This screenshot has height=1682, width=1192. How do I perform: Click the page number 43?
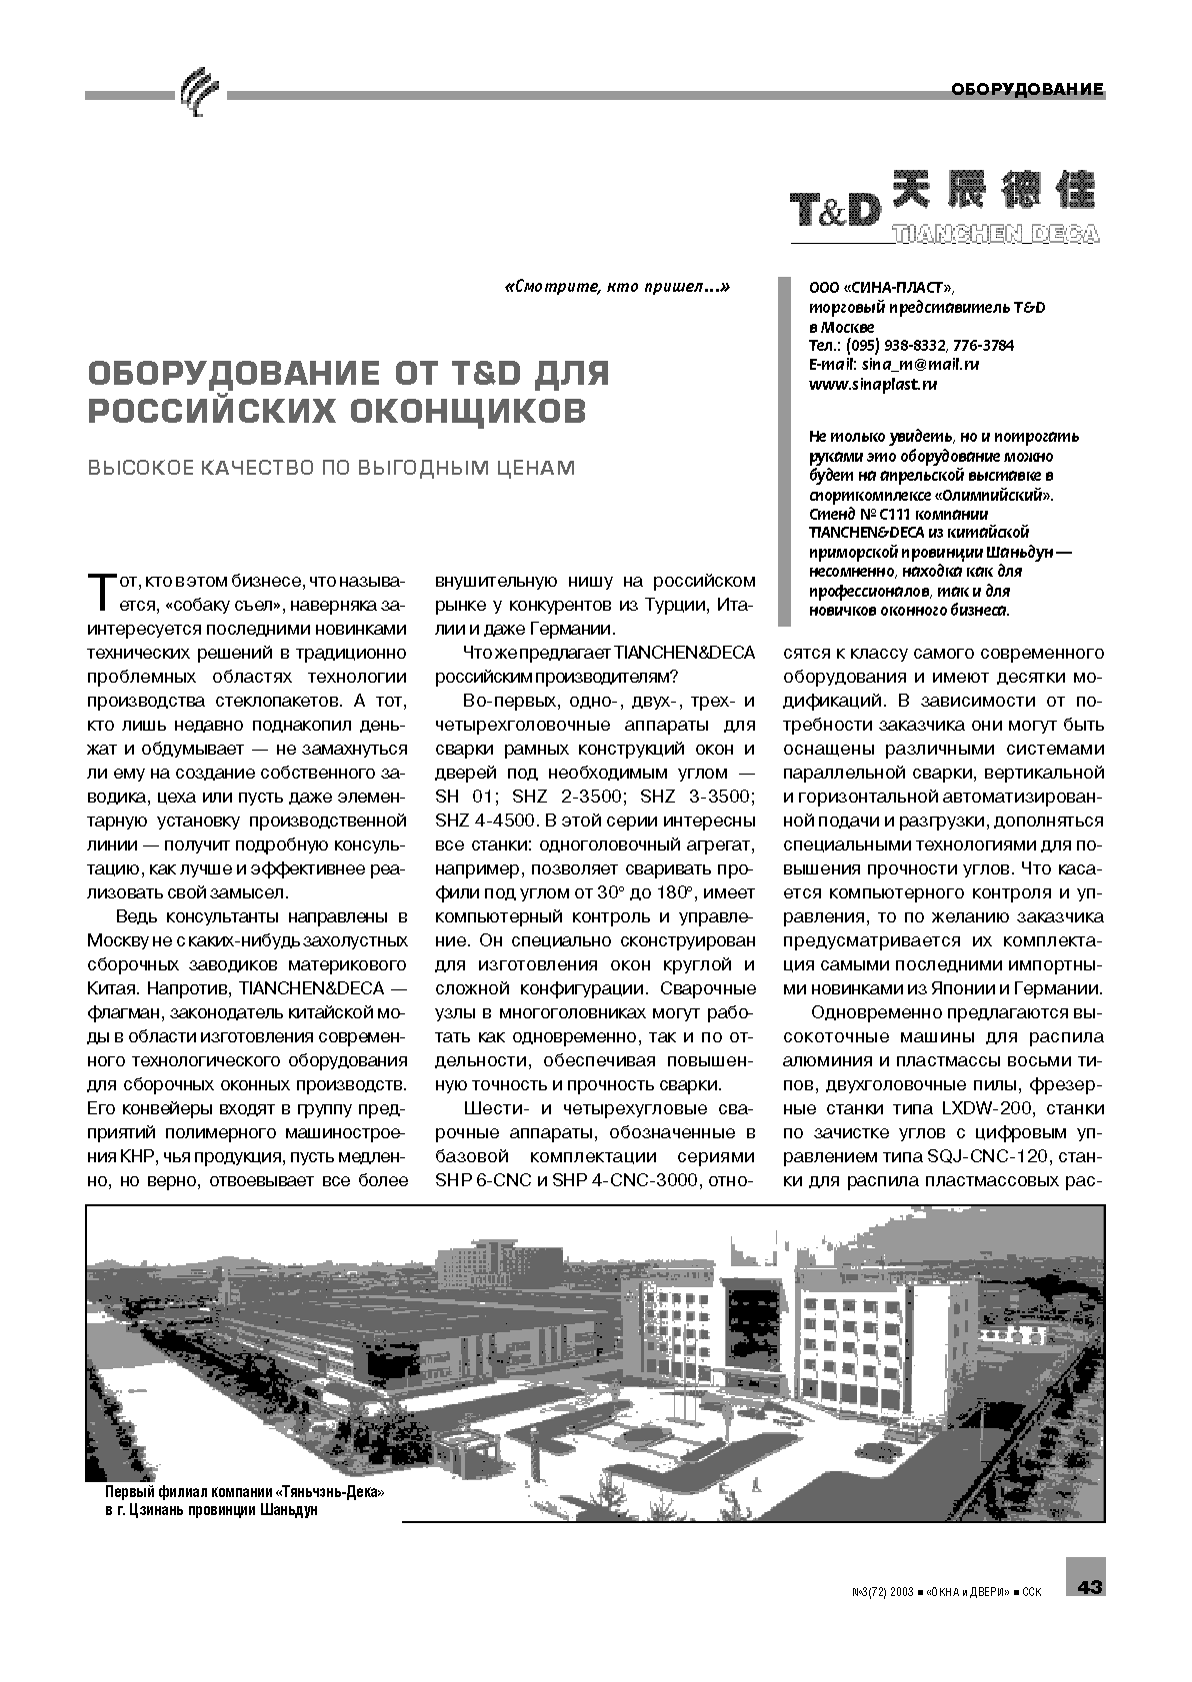point(1089,1586)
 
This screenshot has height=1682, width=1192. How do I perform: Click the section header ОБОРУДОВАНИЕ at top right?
point(1027,89)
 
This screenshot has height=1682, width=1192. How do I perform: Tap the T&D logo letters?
point(835,209)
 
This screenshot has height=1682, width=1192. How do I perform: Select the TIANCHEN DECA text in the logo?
point(994,234)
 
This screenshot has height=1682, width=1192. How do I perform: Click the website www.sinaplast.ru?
point(873,384)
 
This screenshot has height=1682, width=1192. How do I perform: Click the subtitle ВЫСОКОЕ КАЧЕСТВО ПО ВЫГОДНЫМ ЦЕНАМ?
point(331,468)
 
